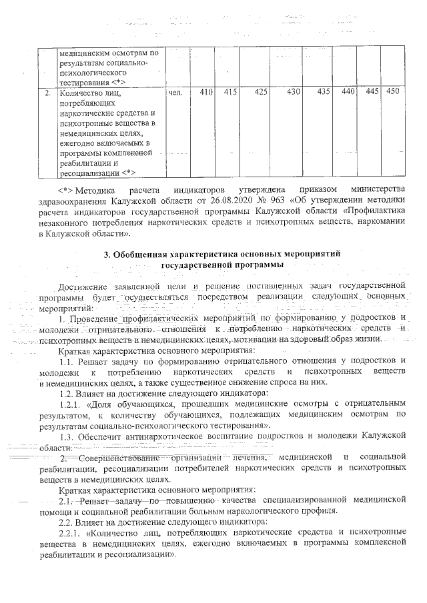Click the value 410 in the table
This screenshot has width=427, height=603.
coord(205,92)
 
